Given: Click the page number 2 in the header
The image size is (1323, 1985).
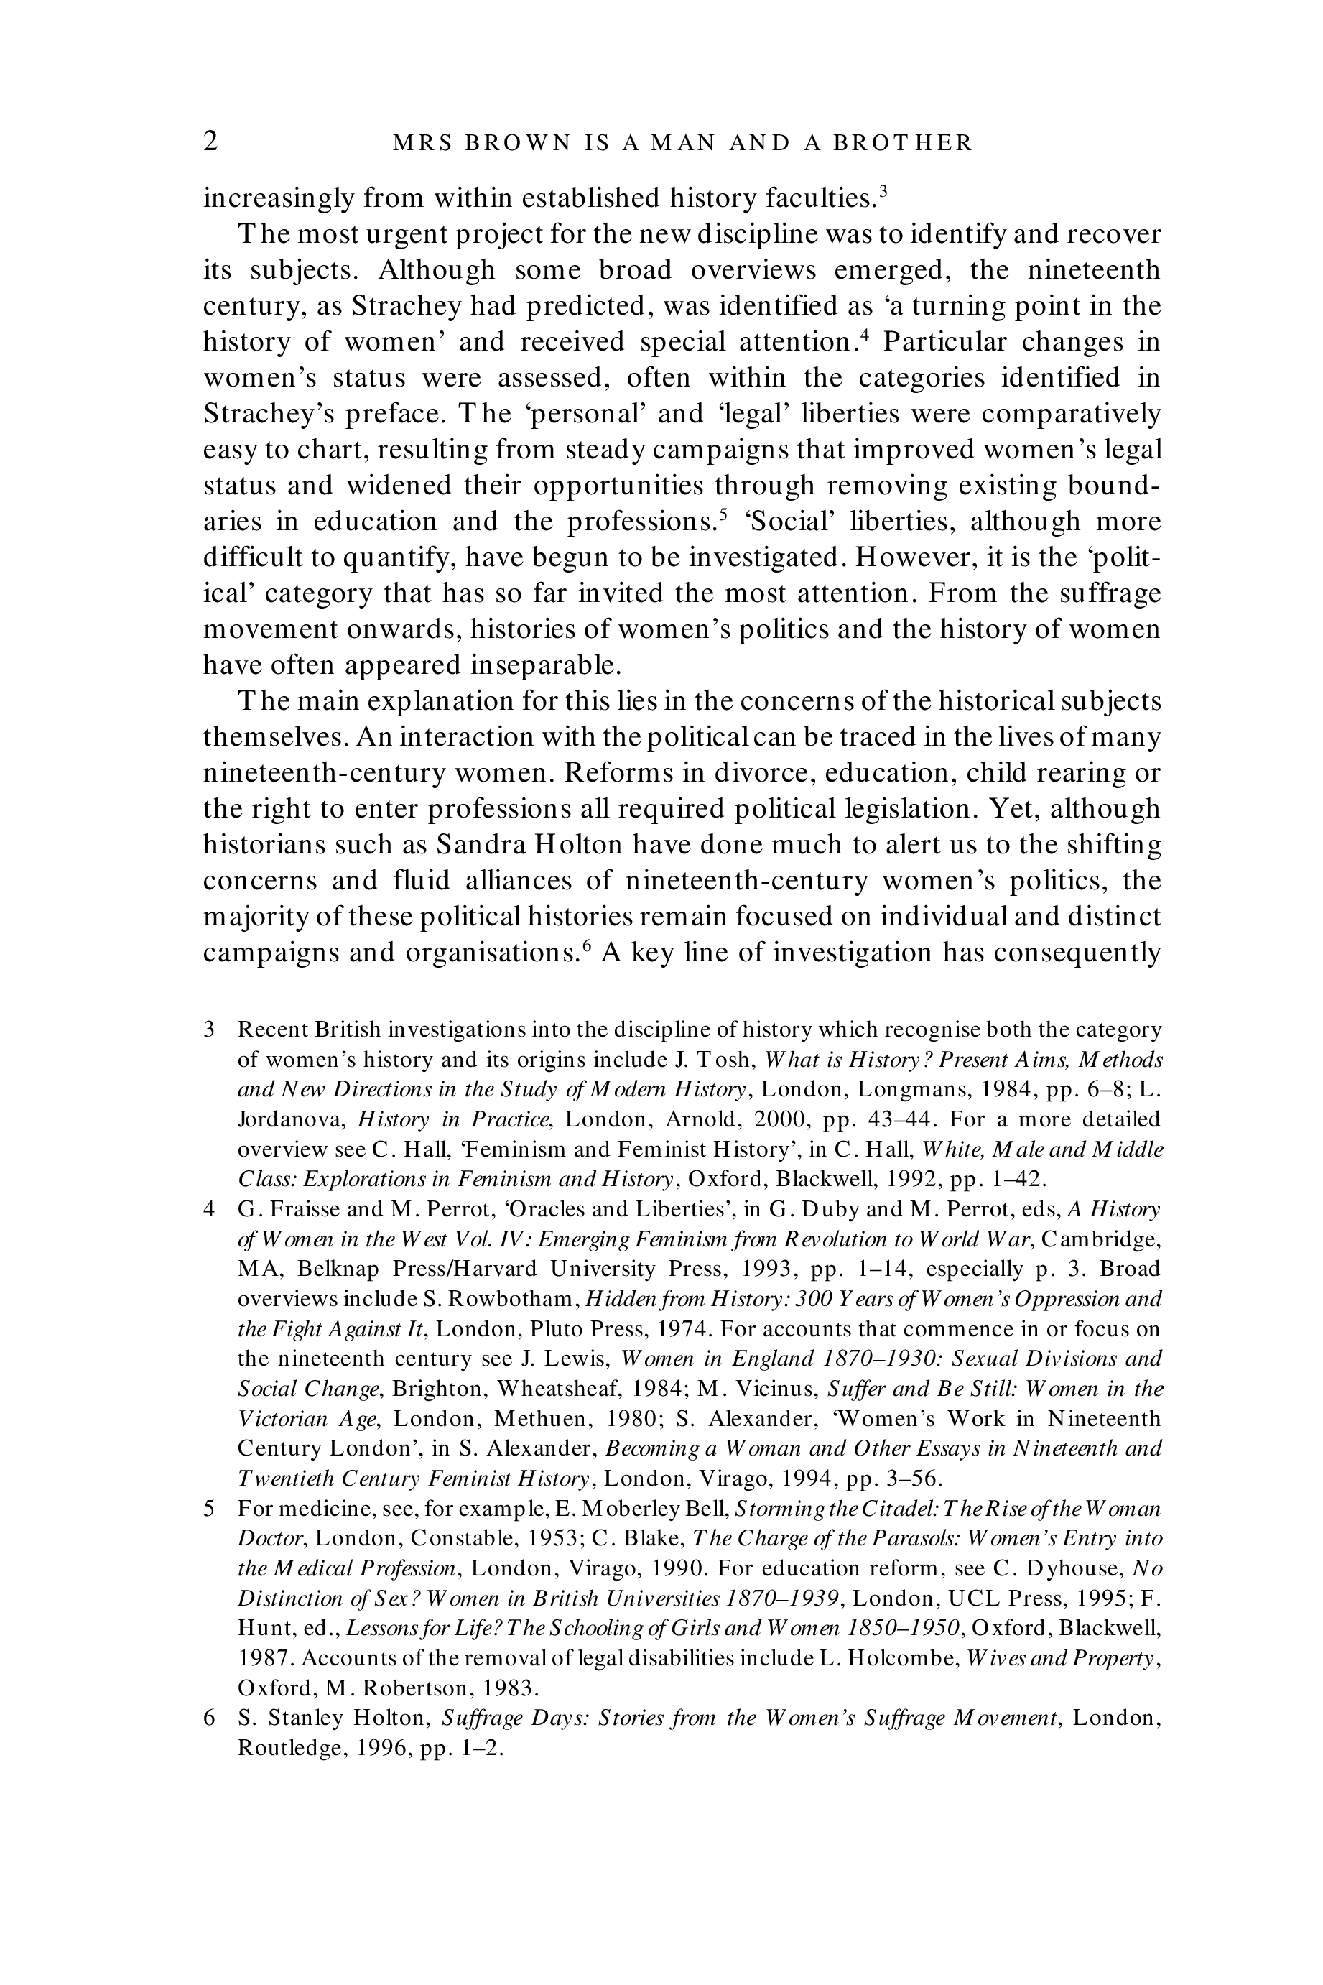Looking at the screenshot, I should pos(211,141).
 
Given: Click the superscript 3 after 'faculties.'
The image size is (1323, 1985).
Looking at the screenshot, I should pos(883,190).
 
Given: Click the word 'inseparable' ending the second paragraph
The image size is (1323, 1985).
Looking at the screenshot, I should pos(541,665).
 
